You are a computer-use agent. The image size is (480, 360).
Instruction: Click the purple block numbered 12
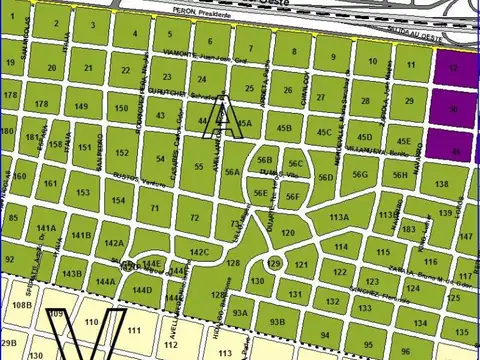coord(454,68)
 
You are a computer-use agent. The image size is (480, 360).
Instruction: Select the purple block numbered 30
coord(454,109)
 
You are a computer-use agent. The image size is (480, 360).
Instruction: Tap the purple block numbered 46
coord(455,151)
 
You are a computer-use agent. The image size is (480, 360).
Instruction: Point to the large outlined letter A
coord(222,117)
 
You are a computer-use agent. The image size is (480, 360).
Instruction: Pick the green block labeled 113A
coord(340,216)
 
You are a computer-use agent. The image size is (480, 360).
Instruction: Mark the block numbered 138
coord(441,184)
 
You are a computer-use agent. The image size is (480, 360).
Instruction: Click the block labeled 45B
coord(284,128)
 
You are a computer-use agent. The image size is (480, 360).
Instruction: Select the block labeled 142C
coord(198,253)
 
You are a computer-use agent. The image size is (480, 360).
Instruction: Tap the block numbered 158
coord(120,108)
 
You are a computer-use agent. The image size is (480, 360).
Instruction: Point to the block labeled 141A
coord(46,229)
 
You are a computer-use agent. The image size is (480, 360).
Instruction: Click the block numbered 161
coord(49,183)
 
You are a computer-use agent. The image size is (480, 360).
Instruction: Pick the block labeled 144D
coord(141,291)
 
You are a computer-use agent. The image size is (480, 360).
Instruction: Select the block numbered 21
coord(88,68)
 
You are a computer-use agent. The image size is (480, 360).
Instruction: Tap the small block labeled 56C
coord(295,163)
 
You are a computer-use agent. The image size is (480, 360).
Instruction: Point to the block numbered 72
coord(194,216)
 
